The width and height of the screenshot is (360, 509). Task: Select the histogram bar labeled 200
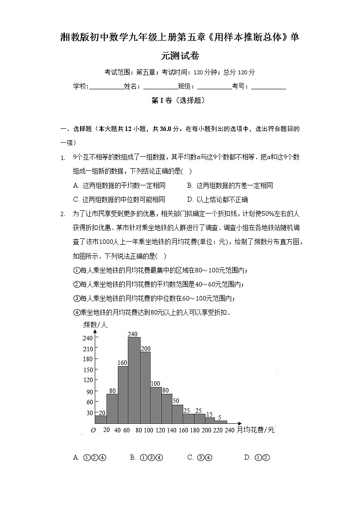point(145,388)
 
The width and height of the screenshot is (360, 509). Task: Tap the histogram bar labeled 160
point(123,394)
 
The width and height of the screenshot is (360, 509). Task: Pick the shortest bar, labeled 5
point(221,422)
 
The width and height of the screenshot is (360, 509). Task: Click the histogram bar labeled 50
point(177,414)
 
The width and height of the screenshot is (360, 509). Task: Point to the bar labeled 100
point(156,405)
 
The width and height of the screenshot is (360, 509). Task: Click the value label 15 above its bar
point(209,414)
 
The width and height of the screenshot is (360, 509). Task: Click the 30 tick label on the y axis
point(89,413)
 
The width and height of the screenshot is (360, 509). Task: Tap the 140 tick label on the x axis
point(172,430)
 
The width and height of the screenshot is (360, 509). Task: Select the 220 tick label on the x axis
point(218,430)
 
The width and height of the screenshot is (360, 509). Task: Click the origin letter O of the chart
point(93,430)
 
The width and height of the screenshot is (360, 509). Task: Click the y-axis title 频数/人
point(95,325)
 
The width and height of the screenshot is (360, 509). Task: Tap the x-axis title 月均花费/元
point(256,430)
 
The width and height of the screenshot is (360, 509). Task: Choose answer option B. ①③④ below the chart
point(146,457)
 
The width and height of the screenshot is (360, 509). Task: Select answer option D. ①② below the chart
point(257,457)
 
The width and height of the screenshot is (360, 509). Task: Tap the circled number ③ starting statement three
point(76,298)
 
